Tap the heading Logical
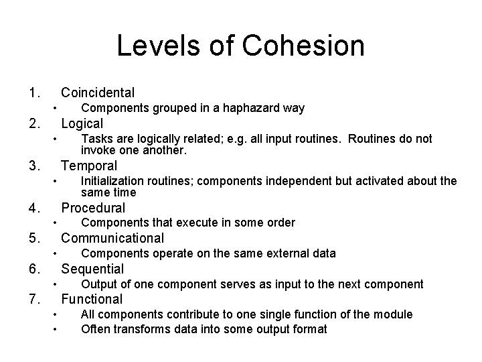click(82, 123)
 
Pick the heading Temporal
click(89, 166)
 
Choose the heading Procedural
click(93, 208)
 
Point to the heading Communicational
click(112, 238)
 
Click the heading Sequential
click(92, 269)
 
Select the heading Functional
click(92, 299)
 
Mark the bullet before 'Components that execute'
click(55, 223)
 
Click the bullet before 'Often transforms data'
click(55, 329)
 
